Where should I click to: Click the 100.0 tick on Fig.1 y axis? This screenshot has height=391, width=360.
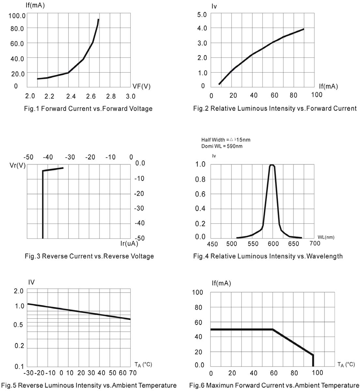click(x=17, y=16)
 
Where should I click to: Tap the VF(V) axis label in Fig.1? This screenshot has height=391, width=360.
click(x=142, y=86)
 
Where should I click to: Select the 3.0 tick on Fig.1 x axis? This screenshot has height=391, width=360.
click(x=130, y=96)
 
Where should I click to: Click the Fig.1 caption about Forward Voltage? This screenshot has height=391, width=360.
click(x=88, y=109)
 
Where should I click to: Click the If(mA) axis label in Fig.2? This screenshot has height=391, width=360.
click(x=328, y=86)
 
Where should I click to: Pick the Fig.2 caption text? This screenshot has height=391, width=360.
click(x=275, y=109)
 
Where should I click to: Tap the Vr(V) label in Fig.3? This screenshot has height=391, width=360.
click(x=18, y=165)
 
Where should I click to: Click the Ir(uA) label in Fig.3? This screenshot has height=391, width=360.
click(x=129, y=243)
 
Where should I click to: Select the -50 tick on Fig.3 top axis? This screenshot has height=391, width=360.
click(x=29, y=157)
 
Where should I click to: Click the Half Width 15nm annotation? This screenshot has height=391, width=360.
click(x=226, y=140)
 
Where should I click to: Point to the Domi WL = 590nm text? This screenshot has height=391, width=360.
click(x=222, y=146)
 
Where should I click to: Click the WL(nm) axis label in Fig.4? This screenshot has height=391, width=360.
click(x=326, y=237)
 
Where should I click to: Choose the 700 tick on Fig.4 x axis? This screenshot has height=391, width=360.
click(x=315, y=243)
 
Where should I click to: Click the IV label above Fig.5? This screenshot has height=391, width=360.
click(x=31, y=282)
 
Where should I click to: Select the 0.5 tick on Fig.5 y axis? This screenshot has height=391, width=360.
click(x=19, y=325)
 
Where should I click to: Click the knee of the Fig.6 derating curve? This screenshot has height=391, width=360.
click(x=273, y=329)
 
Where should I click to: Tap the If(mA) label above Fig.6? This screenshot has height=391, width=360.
click(x=221, y=283)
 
